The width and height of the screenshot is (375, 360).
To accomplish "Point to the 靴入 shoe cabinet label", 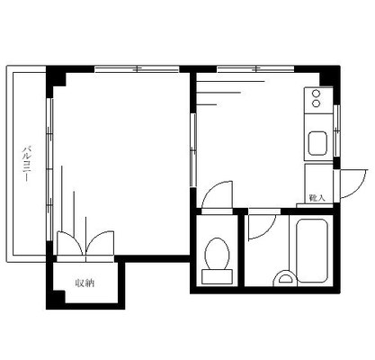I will point(316,196).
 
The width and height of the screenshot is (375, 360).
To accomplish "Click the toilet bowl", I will point(216,255).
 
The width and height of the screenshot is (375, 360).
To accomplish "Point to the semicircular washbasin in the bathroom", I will point(287,279).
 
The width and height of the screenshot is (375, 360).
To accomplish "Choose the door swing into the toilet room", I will point(216,196).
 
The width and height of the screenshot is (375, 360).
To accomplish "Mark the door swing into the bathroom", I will point(257,226).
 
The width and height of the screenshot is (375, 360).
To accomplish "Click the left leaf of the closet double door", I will point(68,245).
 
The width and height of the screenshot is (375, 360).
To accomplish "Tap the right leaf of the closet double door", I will point(97,245).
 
